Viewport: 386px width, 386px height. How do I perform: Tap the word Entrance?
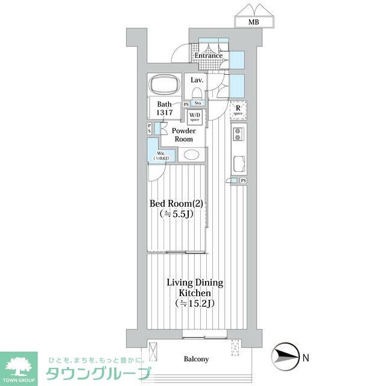click(x=208, y=56)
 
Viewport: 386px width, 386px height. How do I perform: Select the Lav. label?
click(x=197, y=80)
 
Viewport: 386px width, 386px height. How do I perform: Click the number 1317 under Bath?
click(x=165, y=113)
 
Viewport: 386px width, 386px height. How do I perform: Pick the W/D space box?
click(x=195, y=116)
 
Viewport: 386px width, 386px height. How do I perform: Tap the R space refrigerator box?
click(x=238, y=110)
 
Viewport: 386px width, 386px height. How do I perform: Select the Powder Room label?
click(x=183, y=134)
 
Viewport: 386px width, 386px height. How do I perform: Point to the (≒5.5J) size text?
click(x=176, y=214)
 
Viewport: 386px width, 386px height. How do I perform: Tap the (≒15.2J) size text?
click(x=195, y=303)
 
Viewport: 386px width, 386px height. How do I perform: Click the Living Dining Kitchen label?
click(x=195, y=287)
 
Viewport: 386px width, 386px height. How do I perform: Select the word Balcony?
click(x=196, y=359)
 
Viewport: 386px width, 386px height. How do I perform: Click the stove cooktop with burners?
click(x=238, y=137)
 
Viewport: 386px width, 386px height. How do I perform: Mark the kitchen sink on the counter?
click(x=238, y=163)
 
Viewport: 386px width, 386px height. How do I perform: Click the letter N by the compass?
click(x=305, y=358)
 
